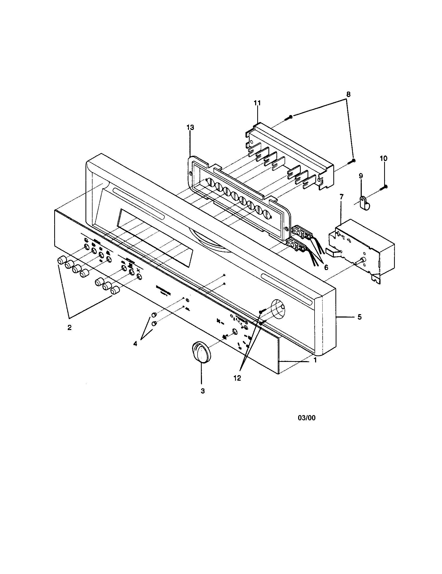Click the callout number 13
pyautogui.click(x=190, y=128)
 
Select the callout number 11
pyautogui.click(x=257, y=103)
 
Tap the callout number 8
pyautogui.click(x=348, y=94)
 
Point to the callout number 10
pyautogui.click(x=383, y=158)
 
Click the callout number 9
pyautogui.click(x=361, y=176)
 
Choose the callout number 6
pyautogui.click(x=326, y=267)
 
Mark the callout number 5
pyautogui.click(x=359, y=317)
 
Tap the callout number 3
pyautogui.click(x=202, y=398)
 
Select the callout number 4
pyautogui.click(x=135, y=344)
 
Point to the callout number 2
pyautogui.click(x=69, y=327)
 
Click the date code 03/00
pyautogui.click(x=306, y=418)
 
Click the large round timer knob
pyautogui.click(x=201, y=352)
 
